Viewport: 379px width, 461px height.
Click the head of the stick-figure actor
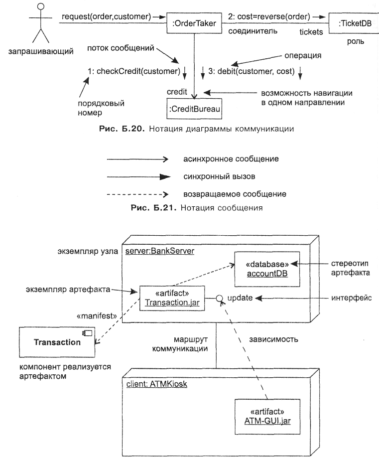point(41,6)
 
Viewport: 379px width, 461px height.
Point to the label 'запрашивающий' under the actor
point(41,51)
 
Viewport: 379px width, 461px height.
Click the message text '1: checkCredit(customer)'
point(133,71)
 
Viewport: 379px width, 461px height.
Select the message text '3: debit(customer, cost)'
point(252,71)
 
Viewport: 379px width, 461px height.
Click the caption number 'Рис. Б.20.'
point(122,129)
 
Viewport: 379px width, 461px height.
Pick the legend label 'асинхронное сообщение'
point(231,159)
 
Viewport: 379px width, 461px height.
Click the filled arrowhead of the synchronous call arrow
point(165,177)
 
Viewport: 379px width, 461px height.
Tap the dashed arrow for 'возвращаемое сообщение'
point(137,194)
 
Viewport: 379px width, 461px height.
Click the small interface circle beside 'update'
point(219,299)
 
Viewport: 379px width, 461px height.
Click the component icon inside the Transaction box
point(87,333)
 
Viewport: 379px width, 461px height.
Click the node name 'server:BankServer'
point(160,251)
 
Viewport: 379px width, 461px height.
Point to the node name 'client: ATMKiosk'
point(156,384)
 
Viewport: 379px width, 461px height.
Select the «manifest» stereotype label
point(97,316)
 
